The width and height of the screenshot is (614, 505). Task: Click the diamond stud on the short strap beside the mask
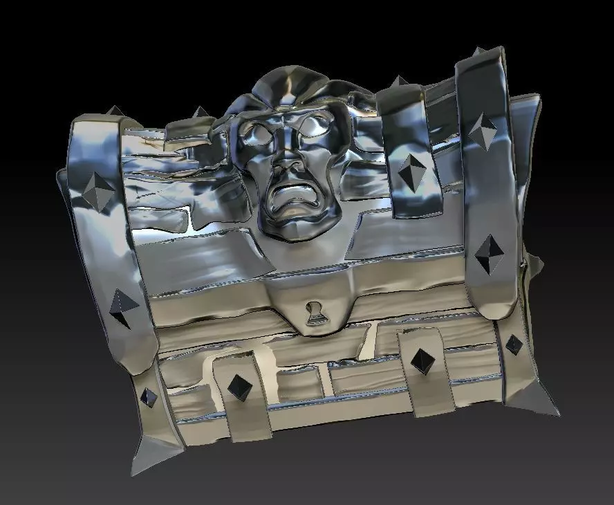(411, 167)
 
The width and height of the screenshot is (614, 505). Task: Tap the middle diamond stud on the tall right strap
(490, 252)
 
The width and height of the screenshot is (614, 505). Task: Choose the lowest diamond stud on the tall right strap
(513, 344)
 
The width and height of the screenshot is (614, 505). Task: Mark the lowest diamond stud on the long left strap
(149, 398)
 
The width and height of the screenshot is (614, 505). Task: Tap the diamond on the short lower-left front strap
(239, 386)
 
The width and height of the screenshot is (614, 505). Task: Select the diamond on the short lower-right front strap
(421, 359)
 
